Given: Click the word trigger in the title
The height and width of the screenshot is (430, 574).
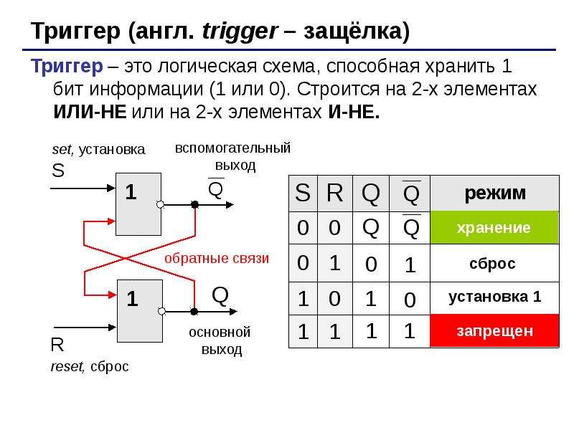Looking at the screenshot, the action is tap(240, 32).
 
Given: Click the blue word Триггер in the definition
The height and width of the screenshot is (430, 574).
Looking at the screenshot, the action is tap(67, 67).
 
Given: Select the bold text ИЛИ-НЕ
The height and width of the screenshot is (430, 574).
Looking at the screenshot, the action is tap(90, 111).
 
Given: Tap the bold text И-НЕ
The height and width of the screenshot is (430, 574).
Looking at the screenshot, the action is tap(354, 111).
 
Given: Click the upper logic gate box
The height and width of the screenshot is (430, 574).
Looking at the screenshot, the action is tap(138, 204).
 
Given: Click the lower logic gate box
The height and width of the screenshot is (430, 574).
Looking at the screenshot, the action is tap(140, 311).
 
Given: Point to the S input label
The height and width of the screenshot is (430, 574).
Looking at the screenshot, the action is tap(58, 171).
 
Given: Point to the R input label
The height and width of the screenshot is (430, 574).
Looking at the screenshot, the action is tap(57, 345).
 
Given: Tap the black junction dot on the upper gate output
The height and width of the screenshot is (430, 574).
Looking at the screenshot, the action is tap(195, 204).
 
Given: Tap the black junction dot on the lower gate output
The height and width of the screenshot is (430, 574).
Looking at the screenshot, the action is tap(194, 312).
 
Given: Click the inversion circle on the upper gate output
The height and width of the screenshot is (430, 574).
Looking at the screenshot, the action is tap(160, 204).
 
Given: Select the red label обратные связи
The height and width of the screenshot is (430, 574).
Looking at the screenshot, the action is tap(217, 258).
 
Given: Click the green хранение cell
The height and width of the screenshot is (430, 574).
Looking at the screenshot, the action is tap(494, 227).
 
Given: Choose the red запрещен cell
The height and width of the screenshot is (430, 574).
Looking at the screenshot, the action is tap(494, 331).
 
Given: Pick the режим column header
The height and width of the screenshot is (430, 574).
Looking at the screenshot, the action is tap(494, 193).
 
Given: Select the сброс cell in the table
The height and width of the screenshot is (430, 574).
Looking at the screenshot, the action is tap(494, 263).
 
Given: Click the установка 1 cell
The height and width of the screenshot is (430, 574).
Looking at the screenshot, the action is tap(494, 297).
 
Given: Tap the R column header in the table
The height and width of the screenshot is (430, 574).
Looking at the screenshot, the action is tap(335, 193).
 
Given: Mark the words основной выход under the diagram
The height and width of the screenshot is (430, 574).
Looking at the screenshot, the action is tap(220, 341).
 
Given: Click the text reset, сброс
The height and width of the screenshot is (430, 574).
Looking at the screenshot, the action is tap(90, 366).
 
